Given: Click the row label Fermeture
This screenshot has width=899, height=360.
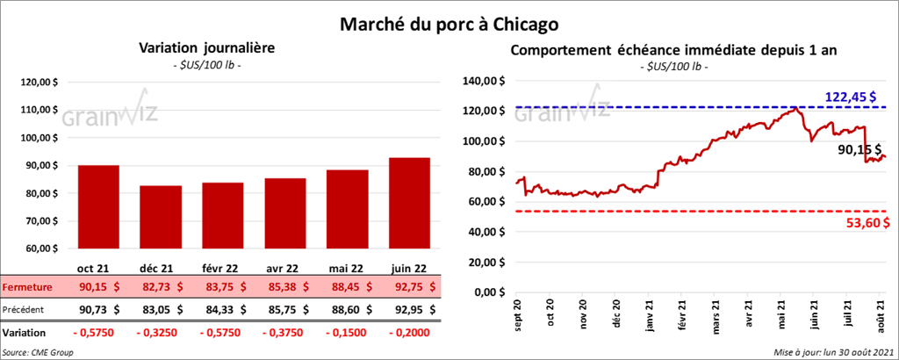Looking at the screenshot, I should point(26,286).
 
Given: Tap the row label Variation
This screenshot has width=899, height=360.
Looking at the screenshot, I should point(25,333).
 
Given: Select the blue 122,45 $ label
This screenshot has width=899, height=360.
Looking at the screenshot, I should point(851,96).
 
